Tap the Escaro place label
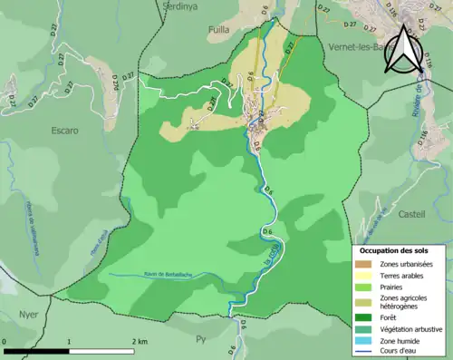pyautogui.click(x=61, y=131)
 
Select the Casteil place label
pyautogui.click(x=411, y=214)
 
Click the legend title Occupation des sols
pyautogui.click(x=400, y=249)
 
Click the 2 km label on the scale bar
pyautogui.click(x=139, y=341)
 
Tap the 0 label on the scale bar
pyautogui.click(x=5, y=341)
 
